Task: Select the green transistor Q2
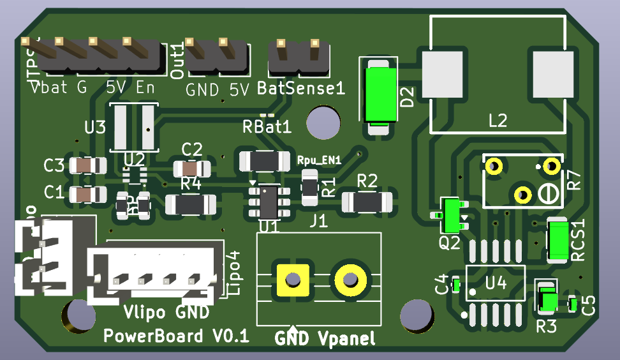[453, 215]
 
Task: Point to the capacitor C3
[87, 166]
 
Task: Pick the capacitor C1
[87, 193]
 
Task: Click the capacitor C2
[191, 169]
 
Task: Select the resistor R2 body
[367, 202]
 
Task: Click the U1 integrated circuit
[268, 200]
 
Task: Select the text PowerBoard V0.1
[176, 336]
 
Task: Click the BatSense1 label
[301, 89]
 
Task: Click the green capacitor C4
[456, 285]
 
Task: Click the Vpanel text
[346, 338]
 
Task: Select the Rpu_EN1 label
[320, 161]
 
